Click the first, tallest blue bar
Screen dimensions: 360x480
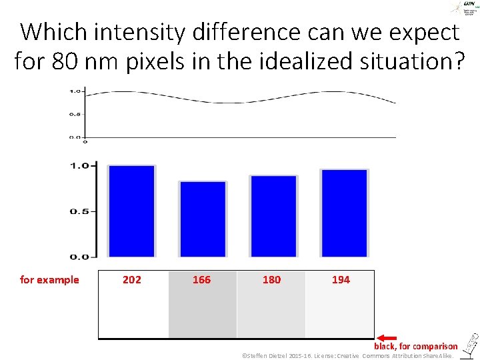131,211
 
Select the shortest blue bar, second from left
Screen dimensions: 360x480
203,219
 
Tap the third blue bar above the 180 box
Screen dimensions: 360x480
273,216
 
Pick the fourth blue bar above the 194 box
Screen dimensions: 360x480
344,213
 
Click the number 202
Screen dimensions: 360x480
132,280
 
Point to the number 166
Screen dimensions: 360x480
201,280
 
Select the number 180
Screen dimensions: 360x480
271,280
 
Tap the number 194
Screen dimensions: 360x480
341,280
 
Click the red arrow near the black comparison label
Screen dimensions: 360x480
387,339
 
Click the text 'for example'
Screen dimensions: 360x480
49,280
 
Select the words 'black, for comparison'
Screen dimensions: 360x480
416,347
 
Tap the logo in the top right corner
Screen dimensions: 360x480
459,8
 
